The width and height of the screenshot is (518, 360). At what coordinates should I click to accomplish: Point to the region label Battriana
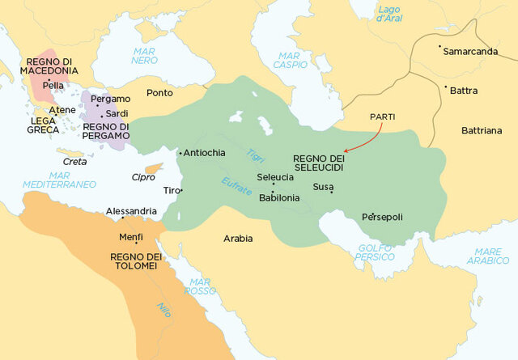(x=482, y=129)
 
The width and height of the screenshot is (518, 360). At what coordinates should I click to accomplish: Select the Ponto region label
(x=159, y=93)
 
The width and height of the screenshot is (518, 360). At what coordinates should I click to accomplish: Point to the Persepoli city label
(x=383, y=217)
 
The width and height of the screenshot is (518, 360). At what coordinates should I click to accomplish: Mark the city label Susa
(x=323, y=187)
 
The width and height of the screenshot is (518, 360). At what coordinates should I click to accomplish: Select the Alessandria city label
(x=131, y=211)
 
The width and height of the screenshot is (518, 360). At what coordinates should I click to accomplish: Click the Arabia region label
(x=238, y=239)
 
